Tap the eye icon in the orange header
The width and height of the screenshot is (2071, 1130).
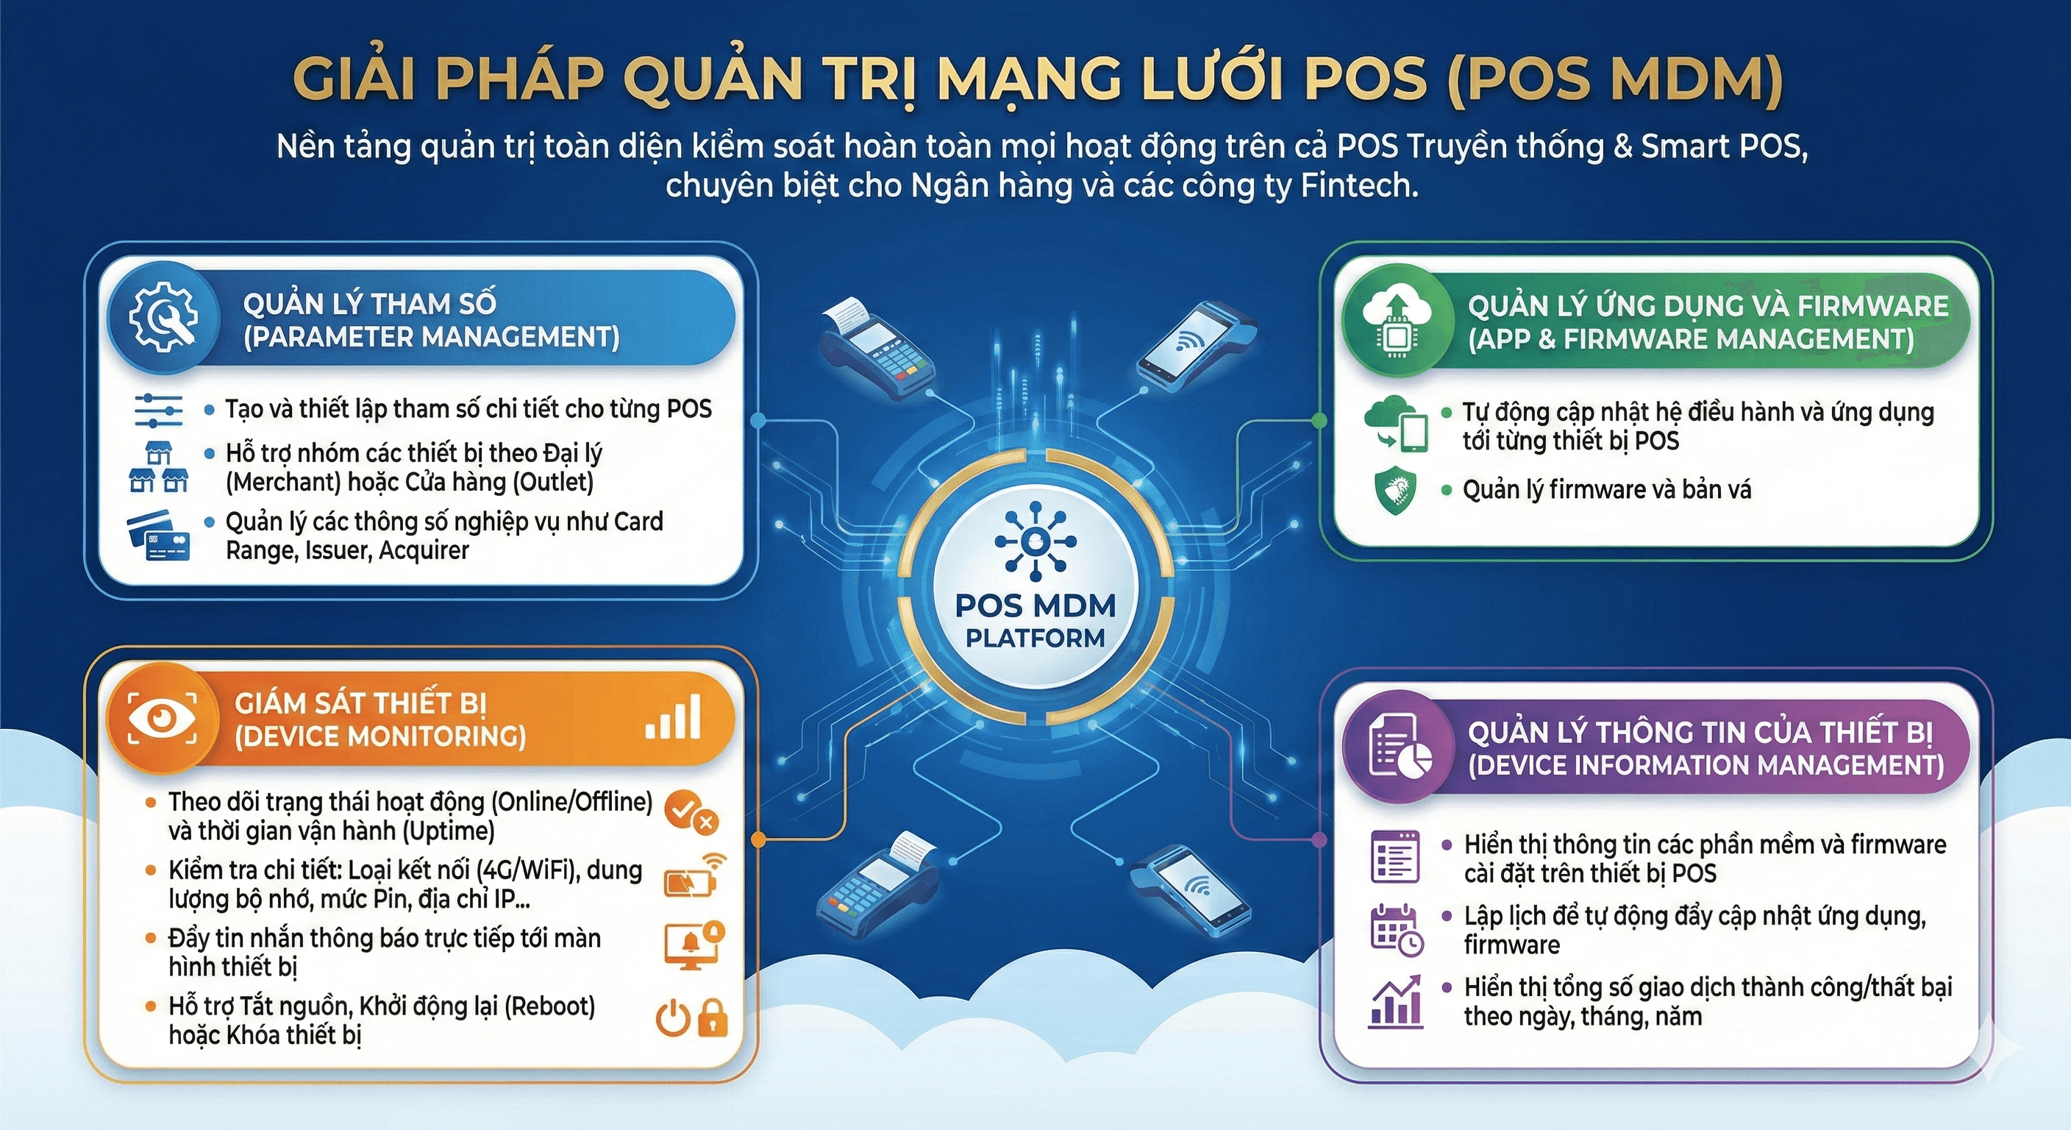pyautogui.click(x=163, y=718)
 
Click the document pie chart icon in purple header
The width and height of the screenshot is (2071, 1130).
pyautogui.click(x=1400, y=749)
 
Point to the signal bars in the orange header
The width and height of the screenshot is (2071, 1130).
pyautogui.click(x=673, y=717)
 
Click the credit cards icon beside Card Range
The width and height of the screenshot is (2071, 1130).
pyautogui.click(x=158, y=536)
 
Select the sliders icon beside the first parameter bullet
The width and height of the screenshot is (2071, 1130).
pyautogui.click(x=158, y=411)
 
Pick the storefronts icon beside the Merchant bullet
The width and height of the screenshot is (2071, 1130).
pyautogui.click(x=158, y=467)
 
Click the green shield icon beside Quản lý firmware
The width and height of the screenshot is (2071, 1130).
pyautogui.click(x=1396, y=490)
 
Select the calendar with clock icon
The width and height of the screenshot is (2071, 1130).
pyautogui.click(x=1397, y=930)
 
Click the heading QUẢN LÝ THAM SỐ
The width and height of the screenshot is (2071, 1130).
pyautogui.click(x=369, y=304)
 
